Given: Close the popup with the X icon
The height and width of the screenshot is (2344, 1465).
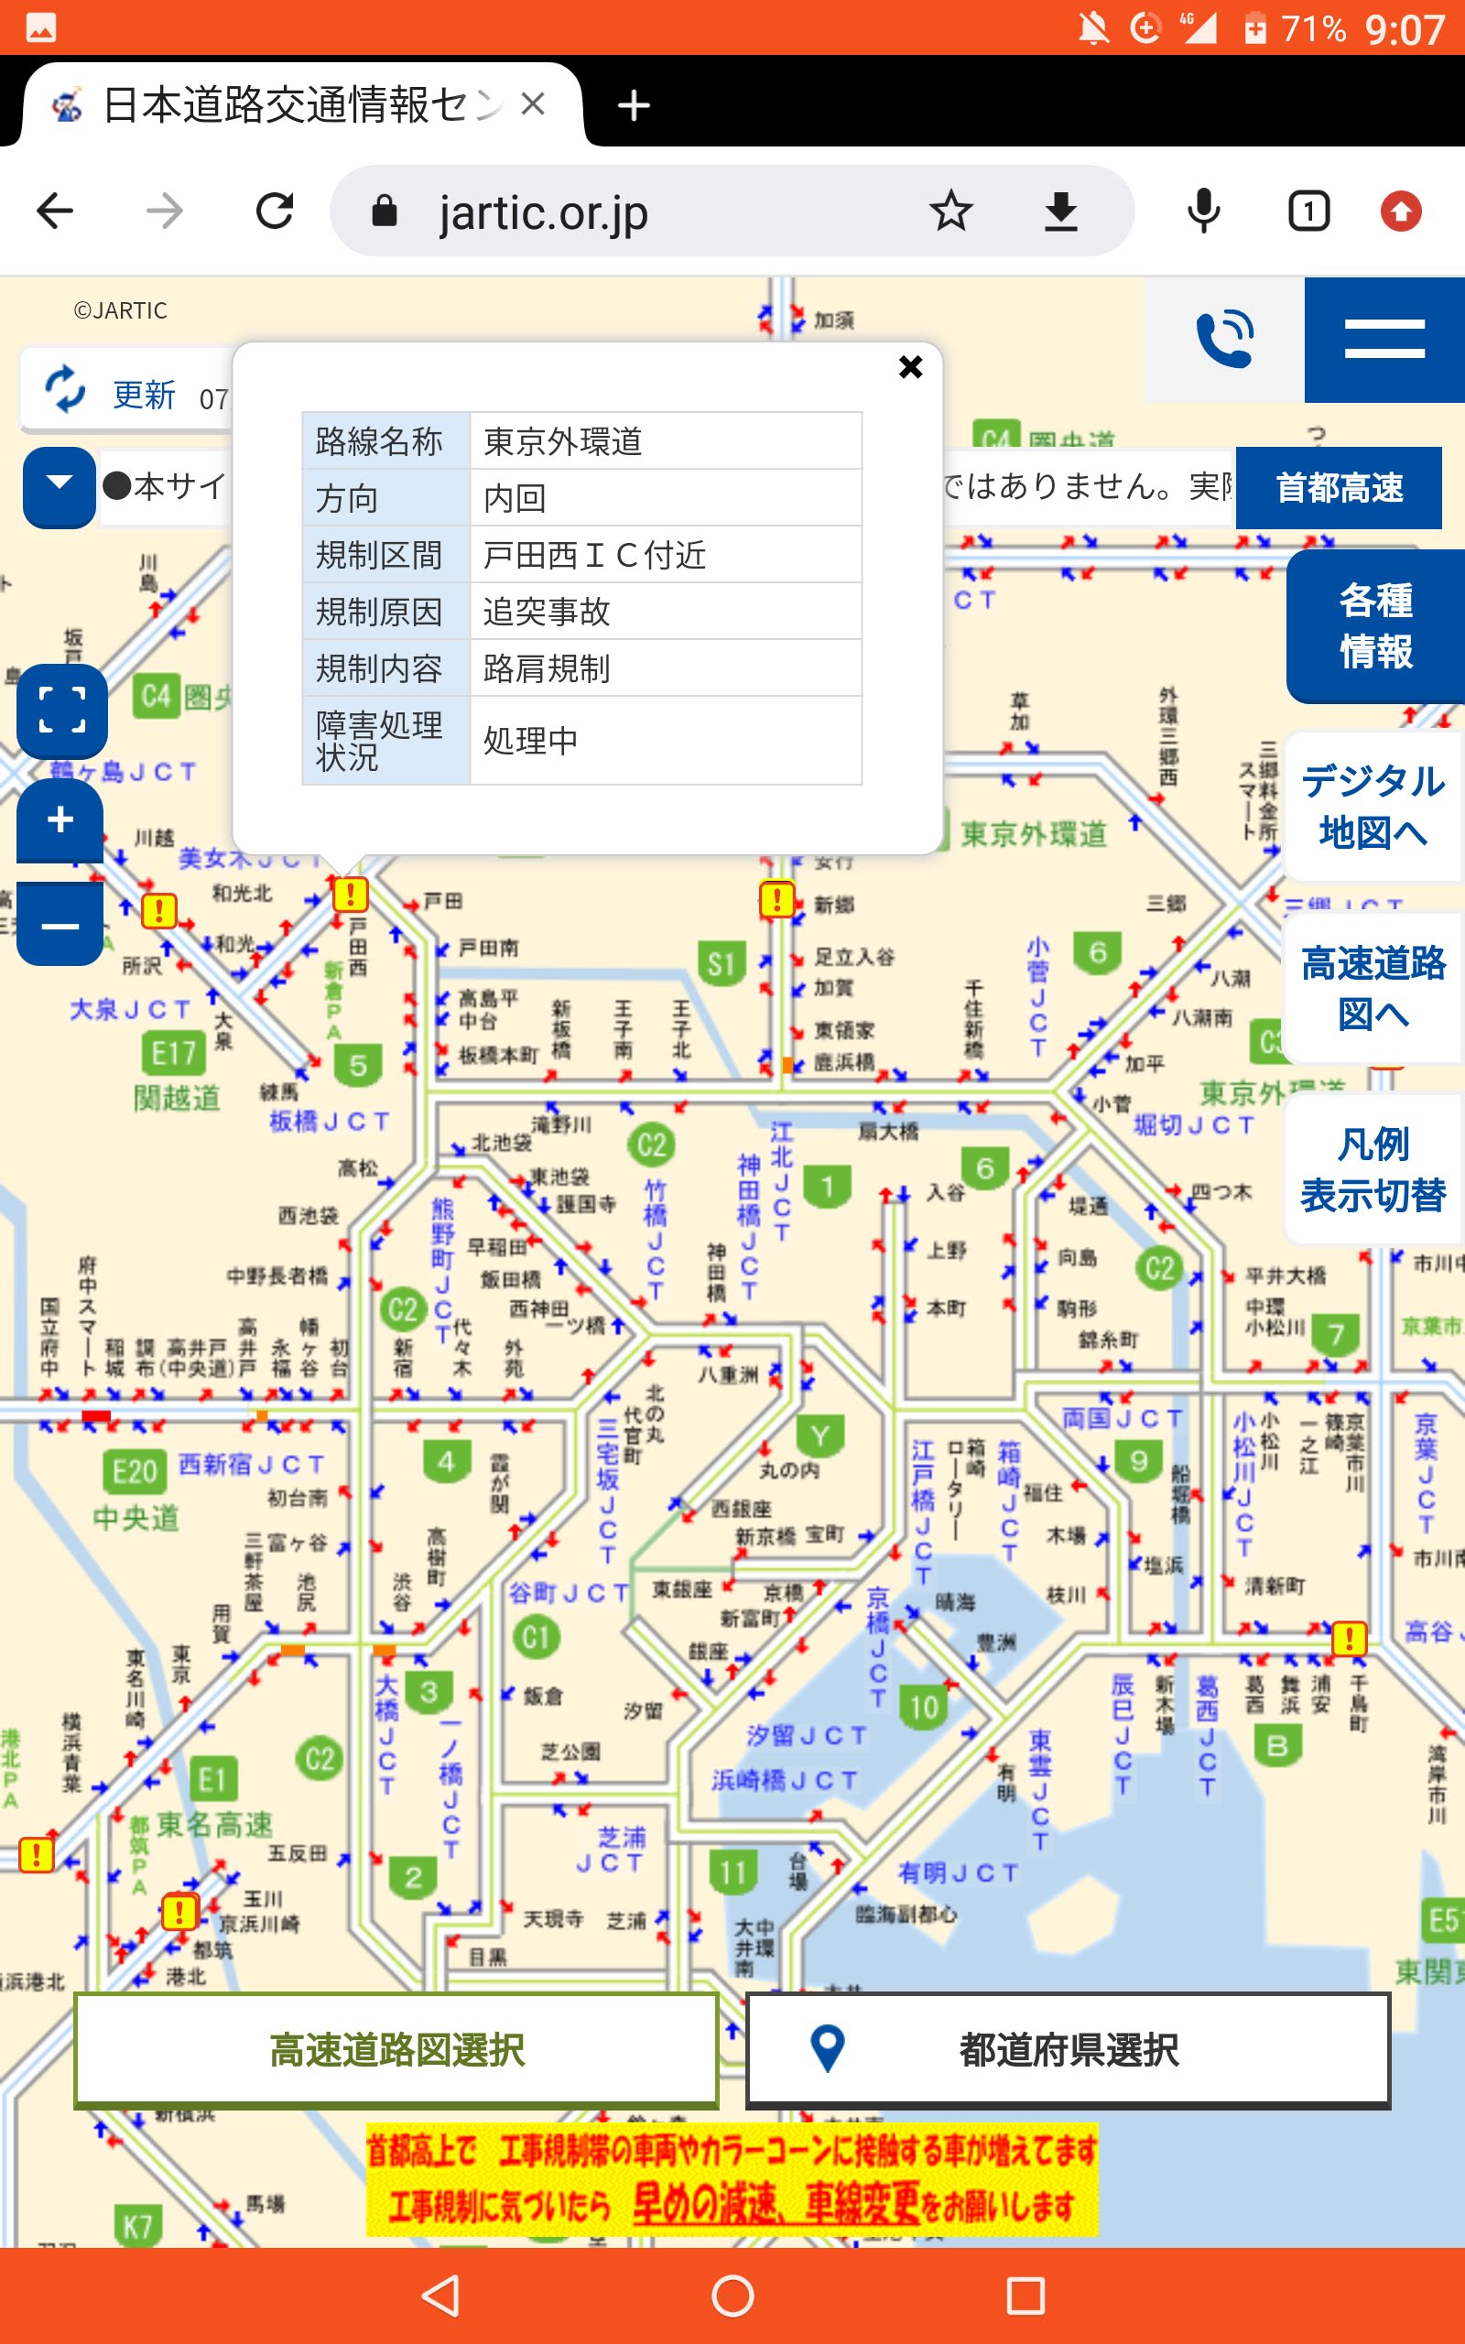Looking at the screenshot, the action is [x=910, y=367].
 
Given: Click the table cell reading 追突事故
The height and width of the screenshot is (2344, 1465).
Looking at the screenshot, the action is [x=665, y=612].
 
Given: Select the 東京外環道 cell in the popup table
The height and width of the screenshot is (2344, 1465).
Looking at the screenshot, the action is [x=665, y=441].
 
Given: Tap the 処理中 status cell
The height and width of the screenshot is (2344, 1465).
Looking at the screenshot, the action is [x=665, y=740].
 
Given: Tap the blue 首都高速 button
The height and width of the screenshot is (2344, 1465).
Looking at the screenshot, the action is [x=1338, y=487].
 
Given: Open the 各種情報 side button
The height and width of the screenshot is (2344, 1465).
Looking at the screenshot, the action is [x=1375, y=625].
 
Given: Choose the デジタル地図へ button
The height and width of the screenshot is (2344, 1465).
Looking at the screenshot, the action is [x=1372, y=806].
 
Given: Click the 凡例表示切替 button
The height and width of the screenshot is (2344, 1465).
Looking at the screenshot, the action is [x=1372, y=1169].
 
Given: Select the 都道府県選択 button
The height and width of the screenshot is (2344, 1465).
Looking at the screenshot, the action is [x=1067, y=2049].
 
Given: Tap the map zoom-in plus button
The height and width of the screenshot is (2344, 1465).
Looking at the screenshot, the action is [x=60, y=819].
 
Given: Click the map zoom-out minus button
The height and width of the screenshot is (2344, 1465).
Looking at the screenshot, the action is [x=60, y=926].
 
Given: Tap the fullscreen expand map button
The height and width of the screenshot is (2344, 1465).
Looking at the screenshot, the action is [x=62, y=710].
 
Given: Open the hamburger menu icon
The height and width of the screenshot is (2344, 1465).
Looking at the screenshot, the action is [x=1384, y=340].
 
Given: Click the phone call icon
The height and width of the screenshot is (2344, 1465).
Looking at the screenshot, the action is [x=1225, y=339].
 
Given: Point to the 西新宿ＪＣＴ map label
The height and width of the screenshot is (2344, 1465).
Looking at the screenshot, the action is [x=251, y=1463].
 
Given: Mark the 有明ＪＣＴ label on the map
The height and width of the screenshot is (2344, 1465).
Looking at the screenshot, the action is [x=958, y=1872].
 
